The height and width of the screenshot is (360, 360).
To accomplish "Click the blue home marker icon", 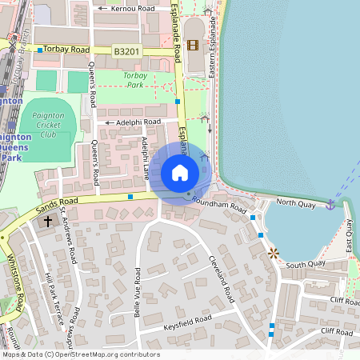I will point(180,173).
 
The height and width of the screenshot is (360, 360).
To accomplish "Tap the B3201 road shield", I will point(126,50).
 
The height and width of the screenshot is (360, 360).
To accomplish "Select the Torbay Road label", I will point(66,50).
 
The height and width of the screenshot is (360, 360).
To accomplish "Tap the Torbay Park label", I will point(134,79).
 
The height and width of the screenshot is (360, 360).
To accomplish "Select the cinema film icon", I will point(192,44).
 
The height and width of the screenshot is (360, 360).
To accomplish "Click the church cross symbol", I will point(48,221).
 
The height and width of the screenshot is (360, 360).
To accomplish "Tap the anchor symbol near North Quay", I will point(330,205).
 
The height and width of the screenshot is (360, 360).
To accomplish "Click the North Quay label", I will point(296,203).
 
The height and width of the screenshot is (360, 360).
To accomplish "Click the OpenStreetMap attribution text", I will point(80,354).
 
